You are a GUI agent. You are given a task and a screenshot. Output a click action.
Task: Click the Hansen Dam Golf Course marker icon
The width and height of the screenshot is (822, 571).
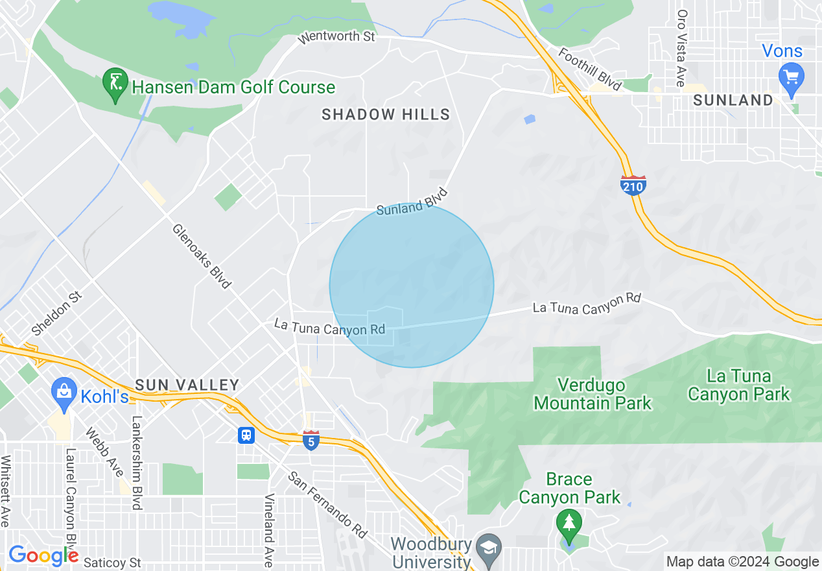pos(115,84)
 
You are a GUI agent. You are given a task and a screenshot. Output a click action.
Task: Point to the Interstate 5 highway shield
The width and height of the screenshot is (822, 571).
pos(311,441)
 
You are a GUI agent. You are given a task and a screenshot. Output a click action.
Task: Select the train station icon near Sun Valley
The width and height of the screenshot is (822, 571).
pos(246,435)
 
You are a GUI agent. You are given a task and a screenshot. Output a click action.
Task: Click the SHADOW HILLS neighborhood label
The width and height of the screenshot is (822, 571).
pos(386,115)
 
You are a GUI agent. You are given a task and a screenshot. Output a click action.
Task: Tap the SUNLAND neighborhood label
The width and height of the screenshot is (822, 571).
pos(733,100)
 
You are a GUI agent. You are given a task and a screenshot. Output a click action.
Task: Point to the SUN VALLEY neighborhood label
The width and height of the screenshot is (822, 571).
pos(187,385)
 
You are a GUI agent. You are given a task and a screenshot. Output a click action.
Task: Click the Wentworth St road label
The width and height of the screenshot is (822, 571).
pos(336,37)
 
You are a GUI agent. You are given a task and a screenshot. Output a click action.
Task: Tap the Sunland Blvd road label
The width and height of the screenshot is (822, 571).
pos(412,202)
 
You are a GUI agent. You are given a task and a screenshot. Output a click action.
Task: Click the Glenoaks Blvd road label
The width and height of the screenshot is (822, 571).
pos(201,256)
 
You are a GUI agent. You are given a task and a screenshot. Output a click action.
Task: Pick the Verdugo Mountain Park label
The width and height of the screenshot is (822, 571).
pos(593,394)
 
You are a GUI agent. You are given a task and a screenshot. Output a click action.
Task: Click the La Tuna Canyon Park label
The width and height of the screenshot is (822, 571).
pos(739,385)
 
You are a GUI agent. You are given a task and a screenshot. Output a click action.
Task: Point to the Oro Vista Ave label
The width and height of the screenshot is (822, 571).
pos(681,48)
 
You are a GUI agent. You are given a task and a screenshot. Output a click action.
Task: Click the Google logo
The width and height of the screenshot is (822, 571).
pos(43,555)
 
